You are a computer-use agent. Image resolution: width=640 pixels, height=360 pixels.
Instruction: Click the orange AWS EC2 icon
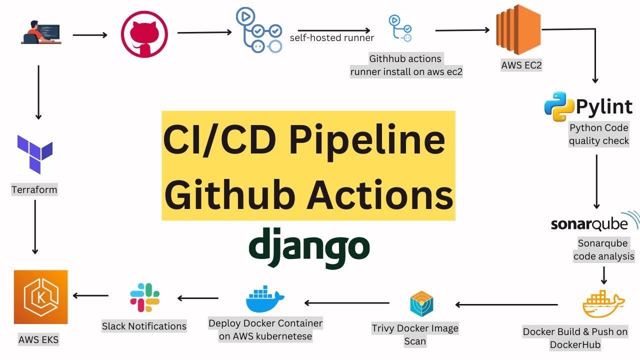click(x=518, y=30)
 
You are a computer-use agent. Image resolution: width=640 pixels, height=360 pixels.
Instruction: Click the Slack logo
click(x=144, y=297)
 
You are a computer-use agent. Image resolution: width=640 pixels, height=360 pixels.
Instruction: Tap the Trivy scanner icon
click(x=421, y=303)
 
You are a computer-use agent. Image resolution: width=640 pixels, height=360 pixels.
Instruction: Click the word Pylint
click(x=604, y=106)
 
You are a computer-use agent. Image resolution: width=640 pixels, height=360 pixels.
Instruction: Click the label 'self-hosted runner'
click(x=332, y=38)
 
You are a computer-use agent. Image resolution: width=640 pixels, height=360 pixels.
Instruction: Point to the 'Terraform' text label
click(x=34, y=190)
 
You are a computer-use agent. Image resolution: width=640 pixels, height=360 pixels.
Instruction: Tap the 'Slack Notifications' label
click(x=144, y=326)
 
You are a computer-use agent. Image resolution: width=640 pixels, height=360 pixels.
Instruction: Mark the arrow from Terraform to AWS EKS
click(x=35, y=227)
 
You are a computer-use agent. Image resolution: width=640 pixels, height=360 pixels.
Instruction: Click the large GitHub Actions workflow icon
click(x=259, y=31)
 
